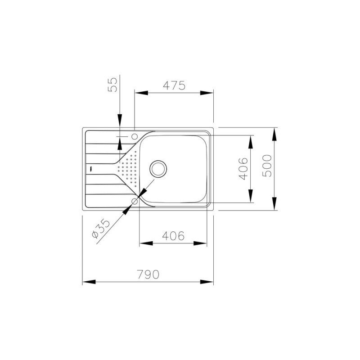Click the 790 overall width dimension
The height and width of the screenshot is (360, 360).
coord(148,274)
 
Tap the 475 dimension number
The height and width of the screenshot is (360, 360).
coord(174,85)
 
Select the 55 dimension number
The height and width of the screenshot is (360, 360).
coord(112,85)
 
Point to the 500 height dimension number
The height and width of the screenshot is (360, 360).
coord(267,166)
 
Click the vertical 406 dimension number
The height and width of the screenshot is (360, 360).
coord(243,169)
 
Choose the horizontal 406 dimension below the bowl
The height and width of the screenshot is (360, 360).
coord(173,236)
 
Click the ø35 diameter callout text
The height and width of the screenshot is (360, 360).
coord(101,228)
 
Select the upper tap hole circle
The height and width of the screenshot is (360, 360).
coord(135,136)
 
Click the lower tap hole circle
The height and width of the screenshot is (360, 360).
coord(135,201)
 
